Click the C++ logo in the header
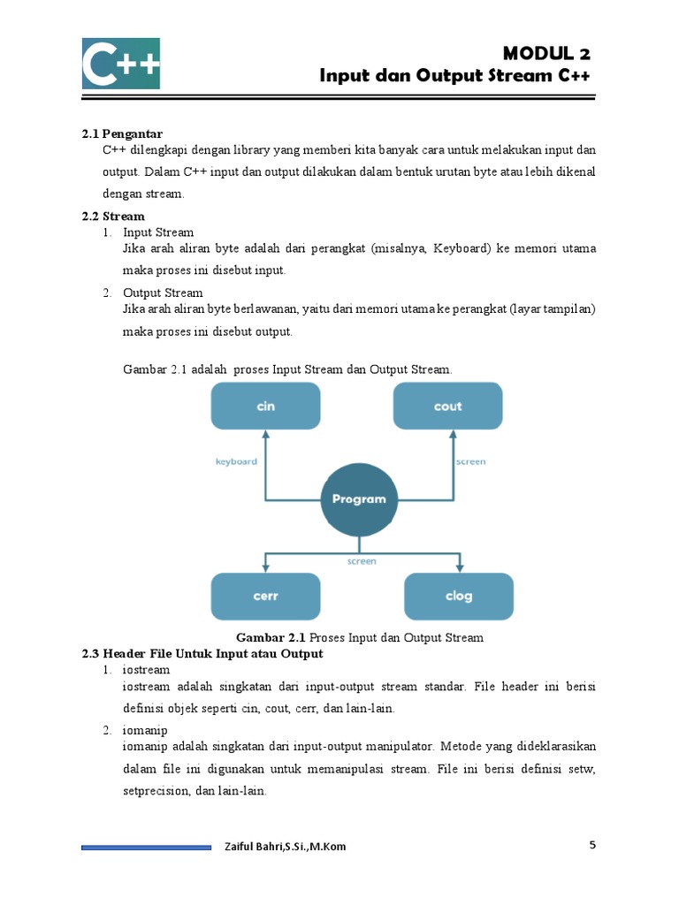point(121,63)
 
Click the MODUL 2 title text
point(546,54)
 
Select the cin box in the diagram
point(265,407)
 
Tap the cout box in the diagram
point(447,407)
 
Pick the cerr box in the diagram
point(265,596)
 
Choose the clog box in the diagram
point(458,596)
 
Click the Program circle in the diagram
point(359,499)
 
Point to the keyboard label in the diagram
point(236,461)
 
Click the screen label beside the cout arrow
point(470,461)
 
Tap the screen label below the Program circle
point(362,561)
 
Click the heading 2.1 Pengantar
point(123,133)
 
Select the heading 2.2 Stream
point(113,216)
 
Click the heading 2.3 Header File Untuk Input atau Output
point(202,654)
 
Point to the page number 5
point(593,845)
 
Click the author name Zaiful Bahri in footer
point(285,847)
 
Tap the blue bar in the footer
point(146,848)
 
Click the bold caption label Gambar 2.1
point(271,637)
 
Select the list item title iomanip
point(145,730)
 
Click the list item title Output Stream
point(163,293)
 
